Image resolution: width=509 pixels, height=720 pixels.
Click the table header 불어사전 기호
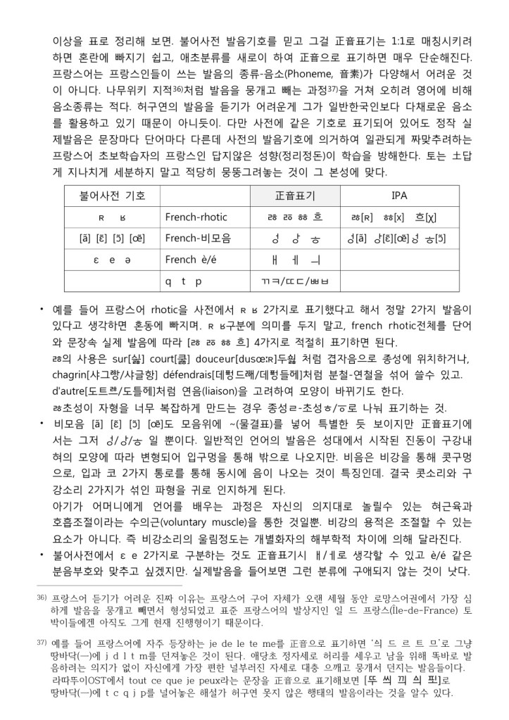pyautogui.click(x=105, y=195)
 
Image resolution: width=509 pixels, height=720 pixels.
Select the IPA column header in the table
pyautogui.click(x=399, y=195)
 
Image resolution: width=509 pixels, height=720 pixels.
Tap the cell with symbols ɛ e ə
pyautogui.click(x=105, y=260)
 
